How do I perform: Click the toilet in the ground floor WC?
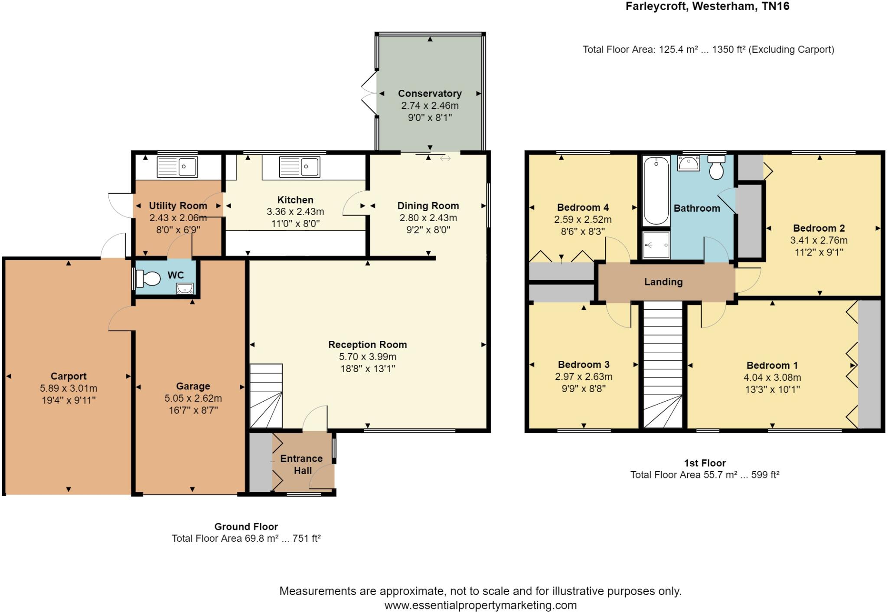point(147,278)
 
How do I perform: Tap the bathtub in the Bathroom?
point(656,191)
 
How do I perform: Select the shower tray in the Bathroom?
point(656,245)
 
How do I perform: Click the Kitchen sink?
point(300,167)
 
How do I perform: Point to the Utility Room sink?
point(177,167)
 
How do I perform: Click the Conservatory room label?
point(430,93)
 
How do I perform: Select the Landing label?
point(663,282)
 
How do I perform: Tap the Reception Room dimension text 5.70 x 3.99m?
point(368,357)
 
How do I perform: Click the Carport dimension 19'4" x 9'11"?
point(69,400)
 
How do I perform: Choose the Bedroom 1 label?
point(772,365)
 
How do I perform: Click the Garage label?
point(193,386)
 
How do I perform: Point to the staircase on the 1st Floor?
point(663,365)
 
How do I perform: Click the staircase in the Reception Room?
point(266,396)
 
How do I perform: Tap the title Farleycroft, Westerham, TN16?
point(707,7)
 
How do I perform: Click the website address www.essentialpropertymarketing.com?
point(480,605)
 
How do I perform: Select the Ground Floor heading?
point(246,527)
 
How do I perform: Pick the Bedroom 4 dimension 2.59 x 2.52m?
point(583,219)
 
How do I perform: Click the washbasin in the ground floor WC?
point(185,288)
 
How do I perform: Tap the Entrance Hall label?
point(302,465)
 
